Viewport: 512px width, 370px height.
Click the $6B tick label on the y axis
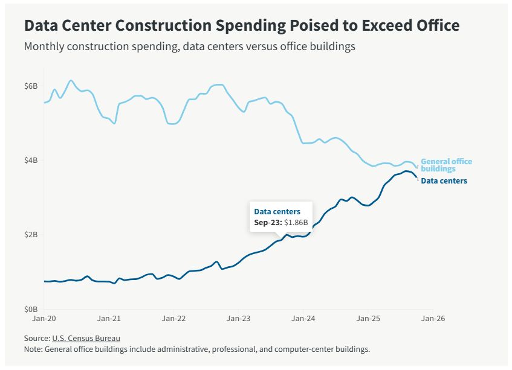pos(31,86)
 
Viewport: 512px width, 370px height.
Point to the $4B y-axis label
pos(31,161)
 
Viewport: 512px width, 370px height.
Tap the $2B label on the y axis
pos(31,235)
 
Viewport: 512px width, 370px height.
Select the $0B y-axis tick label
pos(31,309)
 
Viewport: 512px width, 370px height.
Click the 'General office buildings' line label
pos(446,165)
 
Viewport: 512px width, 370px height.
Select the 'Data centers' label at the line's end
pos(444,181)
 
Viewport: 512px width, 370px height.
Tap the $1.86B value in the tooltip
pos(296,222)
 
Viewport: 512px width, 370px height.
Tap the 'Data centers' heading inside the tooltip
pos(277,211)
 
